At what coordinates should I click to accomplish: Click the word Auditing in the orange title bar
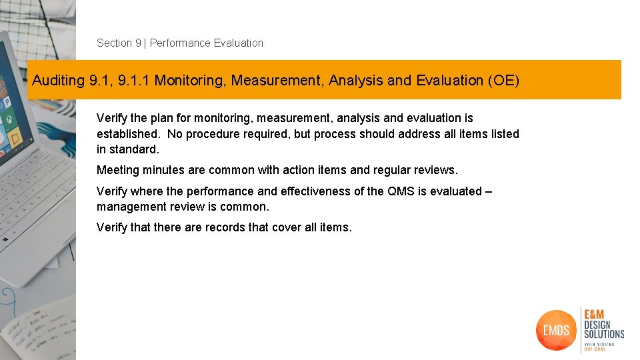coord(58,81)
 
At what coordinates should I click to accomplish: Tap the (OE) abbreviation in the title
coord(503,81)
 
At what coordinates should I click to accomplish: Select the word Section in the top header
coord(115,43)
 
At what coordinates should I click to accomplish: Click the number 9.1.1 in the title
coord(135,81)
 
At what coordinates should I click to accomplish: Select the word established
coord(129,134)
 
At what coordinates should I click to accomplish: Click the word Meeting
coord(117,170)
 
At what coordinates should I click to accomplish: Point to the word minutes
coord(163,170)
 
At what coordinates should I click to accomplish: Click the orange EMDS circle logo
coord(556,329)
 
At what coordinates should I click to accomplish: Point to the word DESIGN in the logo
coord(597,325)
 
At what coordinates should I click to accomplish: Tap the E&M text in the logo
coord(596,314)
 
